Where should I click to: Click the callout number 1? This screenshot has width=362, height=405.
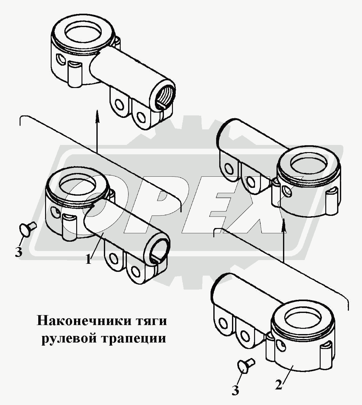coord(89,259)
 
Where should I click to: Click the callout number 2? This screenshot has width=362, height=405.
coord(279,384)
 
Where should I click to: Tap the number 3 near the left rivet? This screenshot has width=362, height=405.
coord(19,252)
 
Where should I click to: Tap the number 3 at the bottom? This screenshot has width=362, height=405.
coord(235,390)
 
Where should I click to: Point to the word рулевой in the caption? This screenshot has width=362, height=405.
coord(67,338)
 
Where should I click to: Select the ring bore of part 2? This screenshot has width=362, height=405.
coord(305,321)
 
